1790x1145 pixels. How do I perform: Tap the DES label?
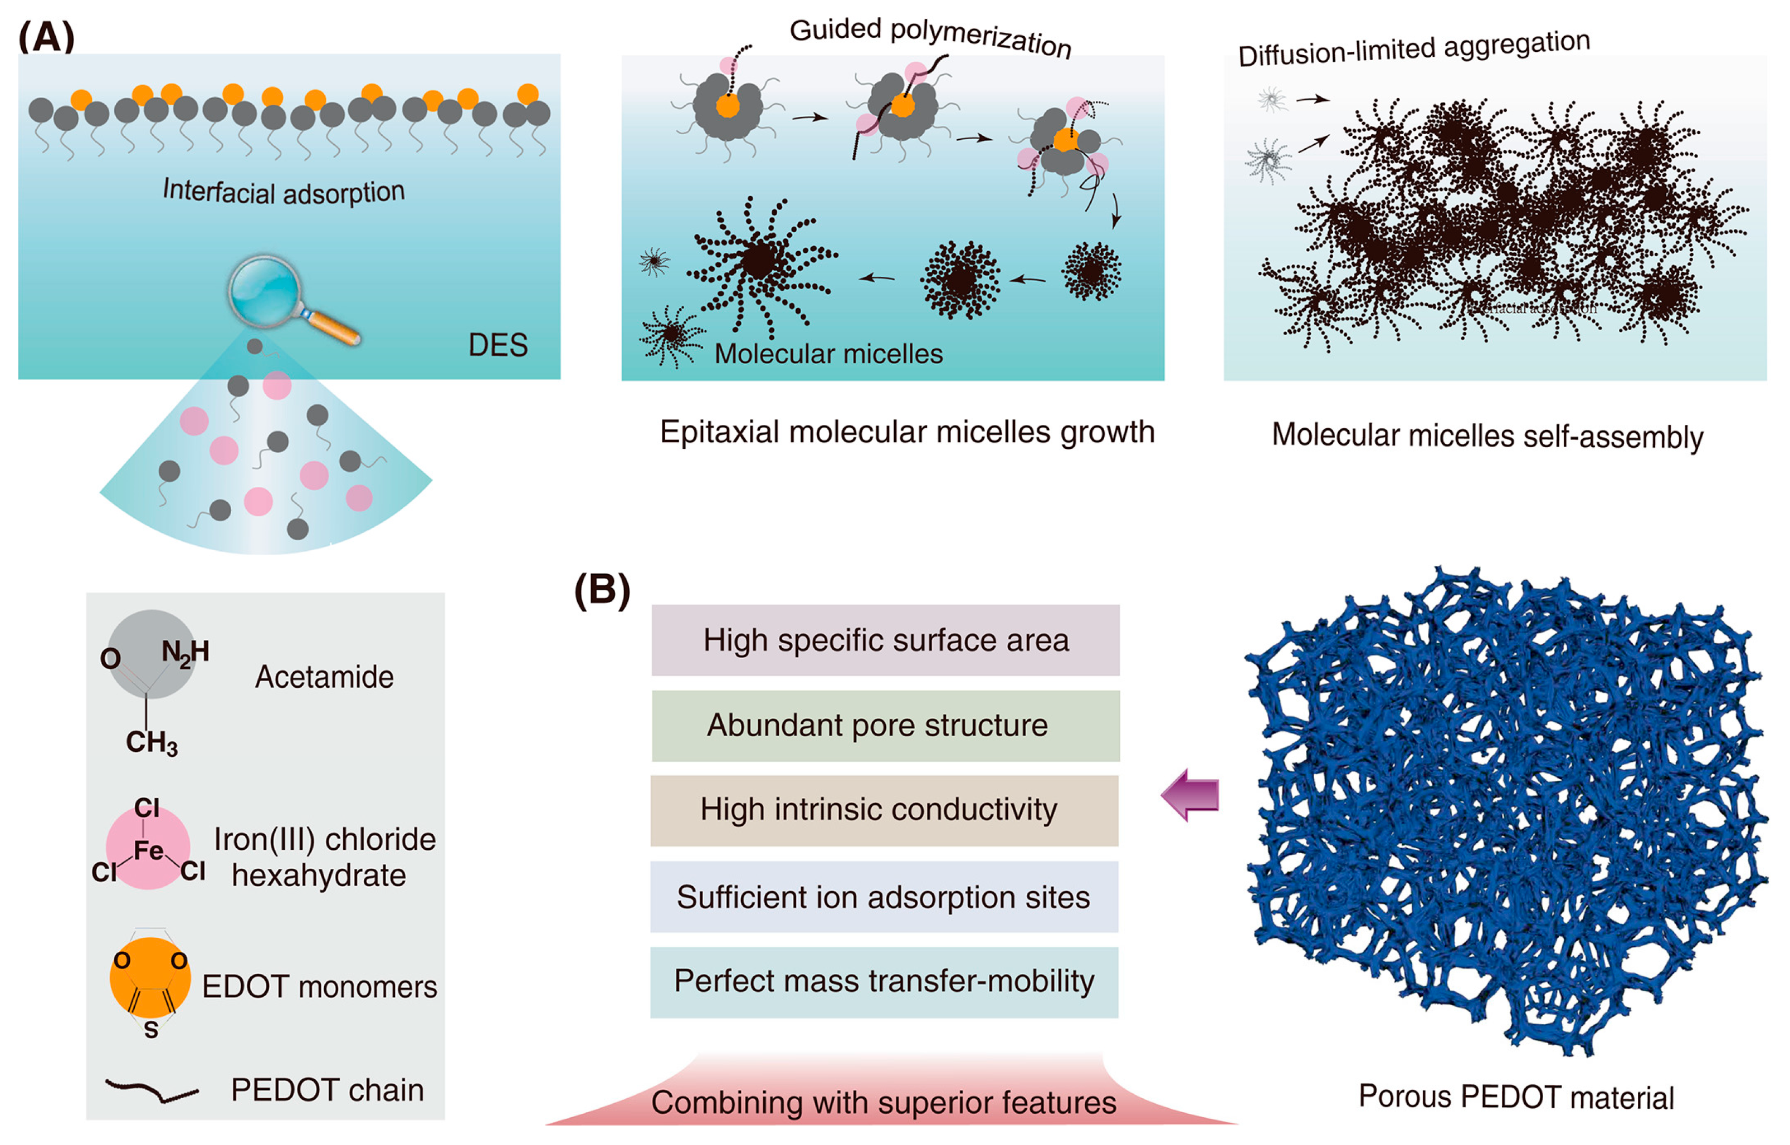point(498,345)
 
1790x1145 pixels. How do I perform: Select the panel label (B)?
point(602,590)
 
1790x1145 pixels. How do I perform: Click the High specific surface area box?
point(885,640)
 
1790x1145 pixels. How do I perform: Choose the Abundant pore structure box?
point(885,726)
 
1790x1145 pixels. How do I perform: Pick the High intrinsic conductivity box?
point(884,810)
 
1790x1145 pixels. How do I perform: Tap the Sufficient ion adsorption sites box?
point(884,897)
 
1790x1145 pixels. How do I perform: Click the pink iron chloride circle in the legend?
point(148,848)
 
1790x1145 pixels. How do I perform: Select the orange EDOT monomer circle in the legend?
point(150,978)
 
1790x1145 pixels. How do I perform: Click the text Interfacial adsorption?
point(284,192)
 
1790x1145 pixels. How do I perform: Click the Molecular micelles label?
point(828,354)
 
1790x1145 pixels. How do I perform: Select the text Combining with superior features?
point(884,1103)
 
